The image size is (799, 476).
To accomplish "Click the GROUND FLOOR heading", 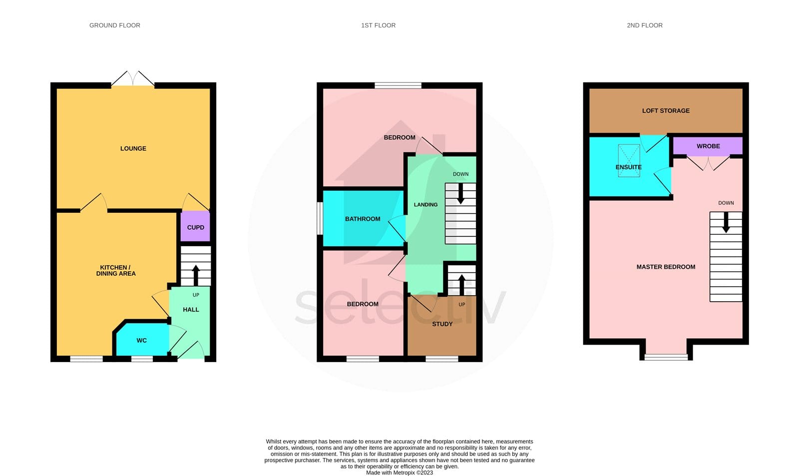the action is pyautogui.click(x=114, y=25).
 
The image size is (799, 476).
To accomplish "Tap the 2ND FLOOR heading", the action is pyautogui.click(x=645, y=25).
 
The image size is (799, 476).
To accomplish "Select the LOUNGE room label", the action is pyautogui.click(x=133, y=148).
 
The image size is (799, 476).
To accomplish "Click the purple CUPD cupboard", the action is pyautogui.click(x=195, y=226).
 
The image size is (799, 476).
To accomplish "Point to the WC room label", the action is pyautogui.click(x=142, y=341).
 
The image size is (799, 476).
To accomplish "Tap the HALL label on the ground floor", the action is pyautogui.click(x=191, y=309).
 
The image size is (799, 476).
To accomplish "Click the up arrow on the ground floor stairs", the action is pyautogui.click(x=195, y=275).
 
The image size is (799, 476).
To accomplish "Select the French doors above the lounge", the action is pyautogui.click(x=133, y=78).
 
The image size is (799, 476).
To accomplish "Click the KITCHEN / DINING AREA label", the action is pyautogui.click(x=115, y=271).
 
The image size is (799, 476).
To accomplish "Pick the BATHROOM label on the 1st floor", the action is pyautogui.click(x=363, y=219).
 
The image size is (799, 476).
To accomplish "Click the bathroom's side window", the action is pyautogui.click(x=320, y=218).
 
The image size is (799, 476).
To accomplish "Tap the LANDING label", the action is pyautogui.click(x=425, y=204).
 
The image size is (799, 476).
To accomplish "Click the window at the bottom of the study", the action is pyautogui.click(x=442, y=359).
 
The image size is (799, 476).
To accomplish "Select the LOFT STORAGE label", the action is pyautogui.click(x=666, y=110).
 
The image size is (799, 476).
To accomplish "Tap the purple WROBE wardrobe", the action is pyautogui.click(x=708, y=146).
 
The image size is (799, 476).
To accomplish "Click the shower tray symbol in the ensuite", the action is pyautogui.click(x=629, y=160).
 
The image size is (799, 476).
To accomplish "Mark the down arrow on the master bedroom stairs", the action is pyautogui.click(x=726, y=223).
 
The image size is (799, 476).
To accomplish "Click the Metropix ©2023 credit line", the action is pyautogui.click(x=399, y=473).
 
